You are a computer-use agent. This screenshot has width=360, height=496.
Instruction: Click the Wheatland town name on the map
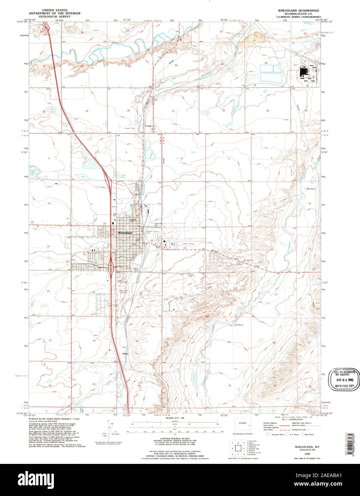pos(125,233)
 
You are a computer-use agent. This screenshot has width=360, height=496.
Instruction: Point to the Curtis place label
pos(149,126)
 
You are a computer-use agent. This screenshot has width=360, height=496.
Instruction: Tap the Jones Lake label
pos(123,175)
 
